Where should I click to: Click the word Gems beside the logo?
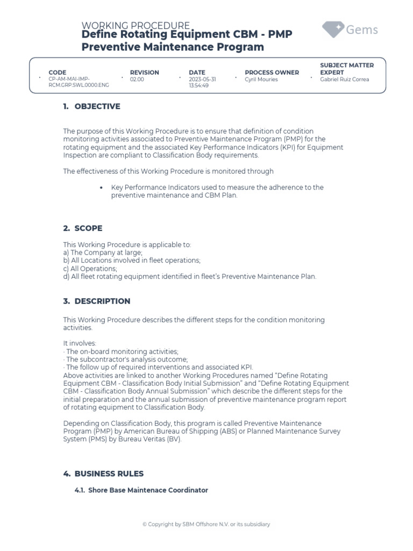click(361, 30)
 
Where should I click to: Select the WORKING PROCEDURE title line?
click(135, 26)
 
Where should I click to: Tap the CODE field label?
click(58, 72)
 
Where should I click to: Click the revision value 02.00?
click(137, 80)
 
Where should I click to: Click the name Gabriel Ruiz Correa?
click(344, 80)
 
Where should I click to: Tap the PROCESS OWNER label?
click(272, 72)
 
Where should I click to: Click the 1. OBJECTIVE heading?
click(91, 107)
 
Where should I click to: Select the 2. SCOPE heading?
click(82, 228)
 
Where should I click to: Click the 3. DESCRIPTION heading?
click(96, 301)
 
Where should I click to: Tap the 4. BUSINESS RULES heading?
click(103, 474)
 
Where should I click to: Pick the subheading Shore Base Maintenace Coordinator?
click(141, 490)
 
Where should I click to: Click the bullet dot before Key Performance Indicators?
click(102, 188)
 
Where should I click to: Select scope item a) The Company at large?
click(103, 252)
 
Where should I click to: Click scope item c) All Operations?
click(90, 269)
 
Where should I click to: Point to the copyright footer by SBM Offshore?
click(206, 524)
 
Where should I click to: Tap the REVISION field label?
click(145, 72)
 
